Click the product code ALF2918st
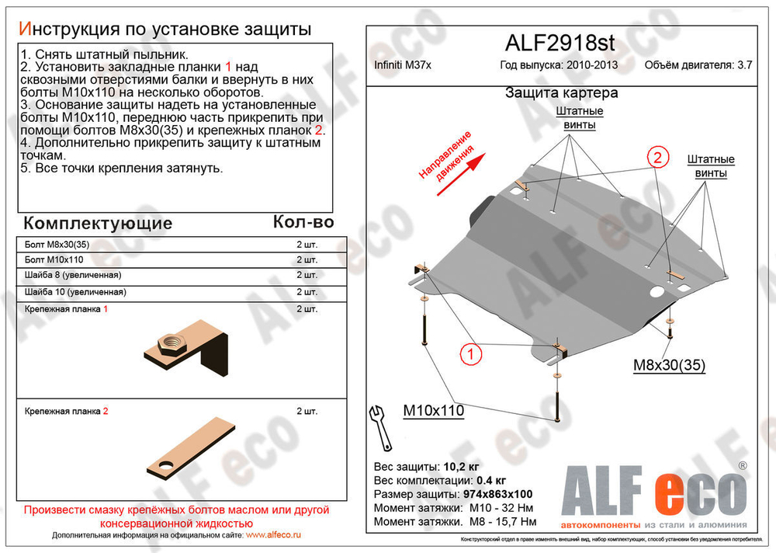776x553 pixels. click(561, 42)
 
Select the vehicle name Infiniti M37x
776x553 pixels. click(402, 65)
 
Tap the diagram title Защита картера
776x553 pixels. click(561, 93)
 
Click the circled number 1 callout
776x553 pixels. click(469, 356)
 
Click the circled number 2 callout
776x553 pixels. click(656, 158)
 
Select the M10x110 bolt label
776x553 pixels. click(432, 410)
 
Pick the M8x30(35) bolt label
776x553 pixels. click(670, 366)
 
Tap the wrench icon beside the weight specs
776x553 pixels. click(381, 426)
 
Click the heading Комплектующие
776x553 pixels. click(98, 224)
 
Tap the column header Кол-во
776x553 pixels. click(303, 223)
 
